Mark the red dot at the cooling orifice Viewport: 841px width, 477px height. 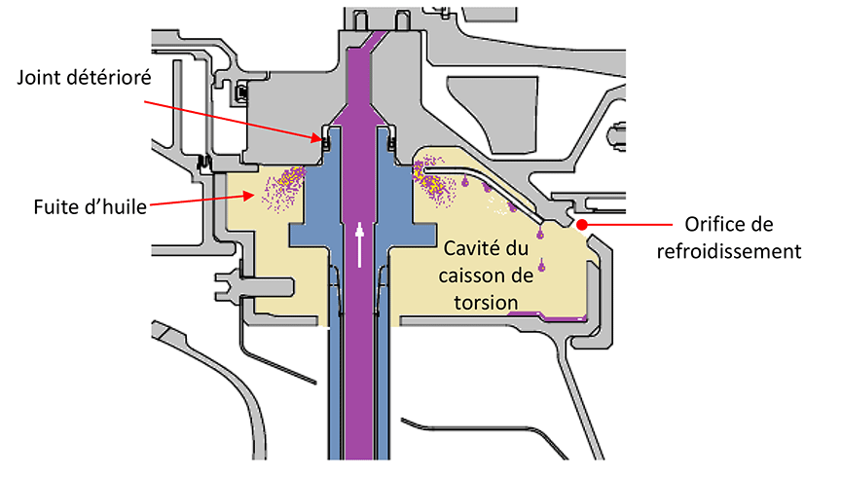tap(581, 225)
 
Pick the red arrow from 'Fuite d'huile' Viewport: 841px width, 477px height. tap(204, 199)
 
